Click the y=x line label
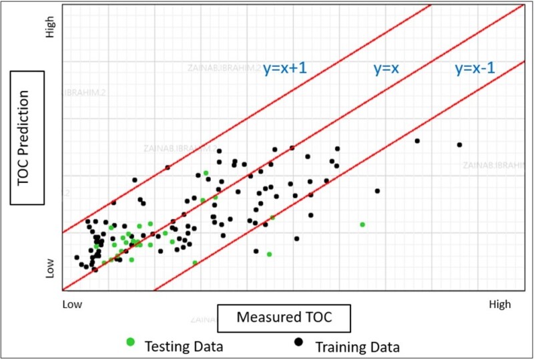pyautogui.click(x=384, y=68)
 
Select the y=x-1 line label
pyautogui.click(x=479, y=68)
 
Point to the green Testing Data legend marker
pyautogui.click(x=130, y=342)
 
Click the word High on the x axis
pyautogui.click(x=500, y=305)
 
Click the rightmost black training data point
pyautogui.click(x=459, y=145)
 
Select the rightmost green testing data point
pyautogui.click(x=362, y=224)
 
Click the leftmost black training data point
pyautogui.click(x=77, y=257)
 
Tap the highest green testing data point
pyautogui.click(x=206, y=173)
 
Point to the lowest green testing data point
pyautogui.click(x=195, y=262)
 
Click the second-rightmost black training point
pyautogui.click(x=417, y=141)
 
